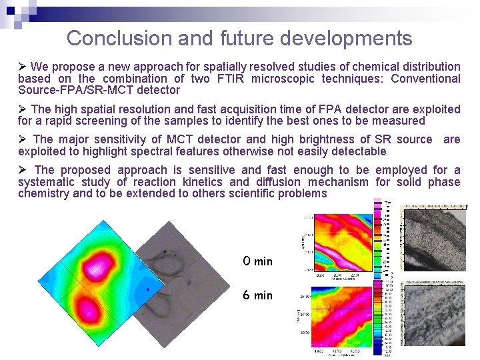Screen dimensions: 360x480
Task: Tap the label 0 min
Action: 257,261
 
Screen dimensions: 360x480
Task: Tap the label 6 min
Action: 257,295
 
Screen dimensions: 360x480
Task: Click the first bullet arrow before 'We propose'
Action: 23,67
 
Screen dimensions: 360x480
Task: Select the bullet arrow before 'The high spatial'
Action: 23,109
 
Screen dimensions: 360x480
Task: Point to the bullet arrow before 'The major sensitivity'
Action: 23,139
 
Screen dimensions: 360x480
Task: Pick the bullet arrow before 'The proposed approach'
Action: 23,170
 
